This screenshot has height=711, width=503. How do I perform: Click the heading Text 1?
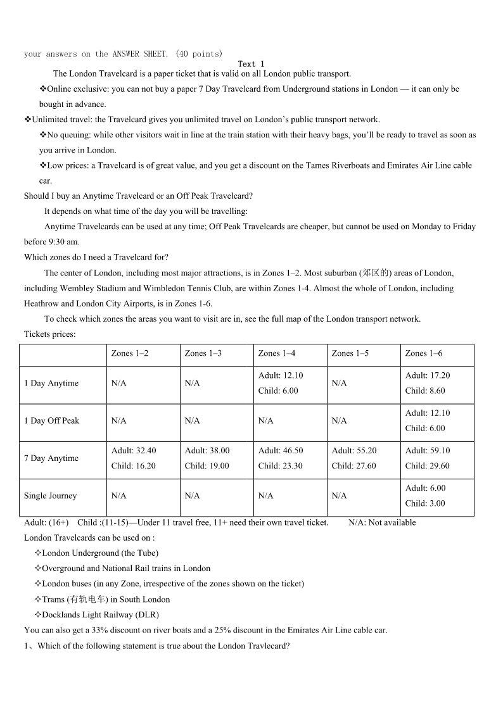click(251, 64)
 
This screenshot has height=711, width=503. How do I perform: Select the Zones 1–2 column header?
click(130, 353)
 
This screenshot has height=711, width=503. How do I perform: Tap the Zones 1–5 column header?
click(350, 353)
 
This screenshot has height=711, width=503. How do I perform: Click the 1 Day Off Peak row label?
click(51, 421)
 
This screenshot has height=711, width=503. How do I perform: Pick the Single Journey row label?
click(50, 496)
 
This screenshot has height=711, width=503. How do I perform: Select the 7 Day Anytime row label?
click(51, 458)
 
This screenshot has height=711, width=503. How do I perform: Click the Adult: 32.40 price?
click(134, 451)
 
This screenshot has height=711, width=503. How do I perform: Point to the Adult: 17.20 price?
click(428, 375)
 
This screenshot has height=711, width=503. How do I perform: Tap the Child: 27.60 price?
click(353, 466)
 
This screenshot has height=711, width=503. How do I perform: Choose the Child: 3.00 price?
click(425, 503)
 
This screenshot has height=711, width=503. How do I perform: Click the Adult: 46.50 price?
click(281, 451)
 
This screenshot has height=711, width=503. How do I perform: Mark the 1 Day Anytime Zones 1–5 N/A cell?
click(340, 383)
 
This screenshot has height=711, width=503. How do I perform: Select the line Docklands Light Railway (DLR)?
click(100, 615)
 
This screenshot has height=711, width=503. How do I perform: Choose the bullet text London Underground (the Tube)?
click(100, 553)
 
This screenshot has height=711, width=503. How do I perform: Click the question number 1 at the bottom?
click(27, 646)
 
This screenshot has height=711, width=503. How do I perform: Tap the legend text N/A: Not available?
click(382, 522)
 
